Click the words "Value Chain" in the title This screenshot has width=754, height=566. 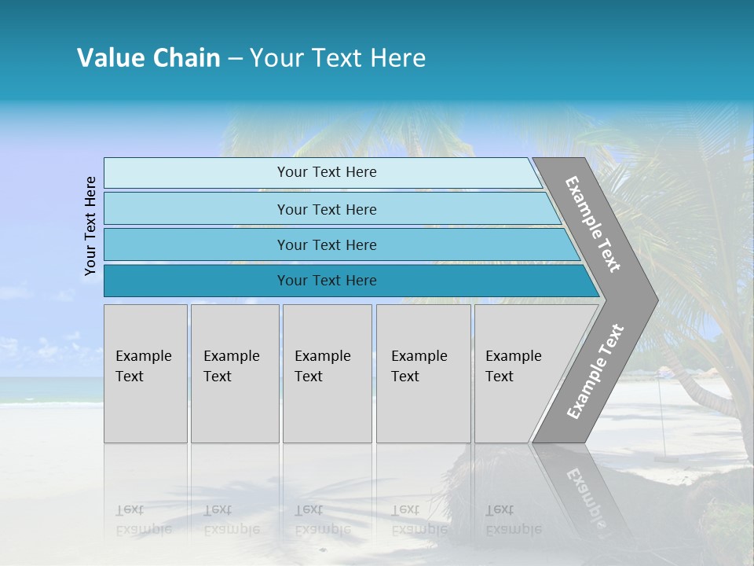click(x=148, y=58)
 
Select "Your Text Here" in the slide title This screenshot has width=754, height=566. click(x=338, y=58)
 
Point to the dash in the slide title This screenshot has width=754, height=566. click(x=235, y=59)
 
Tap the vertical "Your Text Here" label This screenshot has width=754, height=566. click(x=90, y=226)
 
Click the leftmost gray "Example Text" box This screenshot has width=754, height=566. click(x=145, y=373)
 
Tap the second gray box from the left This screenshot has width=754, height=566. click(x=234, y=373)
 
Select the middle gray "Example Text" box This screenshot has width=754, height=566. click(x=327, y=373)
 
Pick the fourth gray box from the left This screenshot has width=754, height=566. click(x=423, y=373)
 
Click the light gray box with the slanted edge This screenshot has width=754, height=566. click(x=518, y=373)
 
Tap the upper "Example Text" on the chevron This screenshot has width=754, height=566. click(x=593, y=224)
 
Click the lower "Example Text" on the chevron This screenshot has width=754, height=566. click(x=595, y=371)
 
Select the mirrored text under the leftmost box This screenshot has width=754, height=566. click(x=144, y=520)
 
